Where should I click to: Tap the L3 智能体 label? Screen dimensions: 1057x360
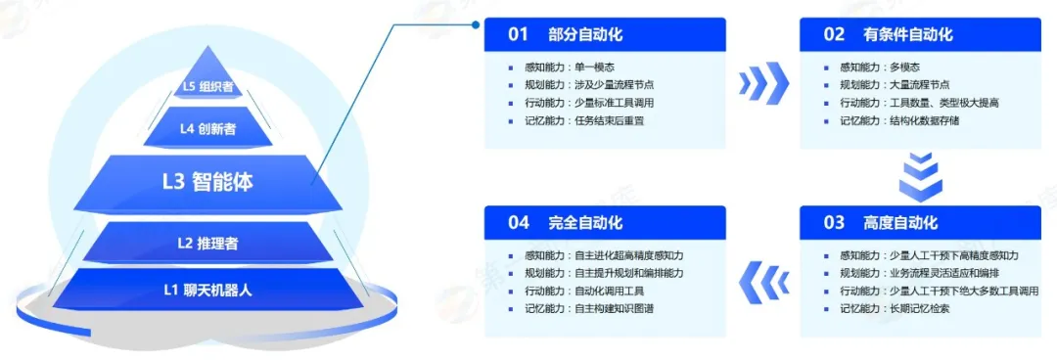[x=208, y=182]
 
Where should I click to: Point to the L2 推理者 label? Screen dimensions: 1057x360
[x=207, y=244]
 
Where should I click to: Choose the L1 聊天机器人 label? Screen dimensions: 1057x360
[x=207, y=291]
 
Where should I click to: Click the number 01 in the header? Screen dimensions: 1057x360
[x=518, y=34]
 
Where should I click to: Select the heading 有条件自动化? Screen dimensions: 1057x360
[x=908, y=34]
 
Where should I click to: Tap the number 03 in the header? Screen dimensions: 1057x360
[x=834, y=222]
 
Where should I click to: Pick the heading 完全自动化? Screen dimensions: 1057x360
[x=585, y=222]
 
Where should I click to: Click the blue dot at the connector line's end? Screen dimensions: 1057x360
[x=476, y=24]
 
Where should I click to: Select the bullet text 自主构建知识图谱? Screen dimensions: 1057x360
[x=614, y=309]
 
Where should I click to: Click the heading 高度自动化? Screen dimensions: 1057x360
[x=900, y=222]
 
